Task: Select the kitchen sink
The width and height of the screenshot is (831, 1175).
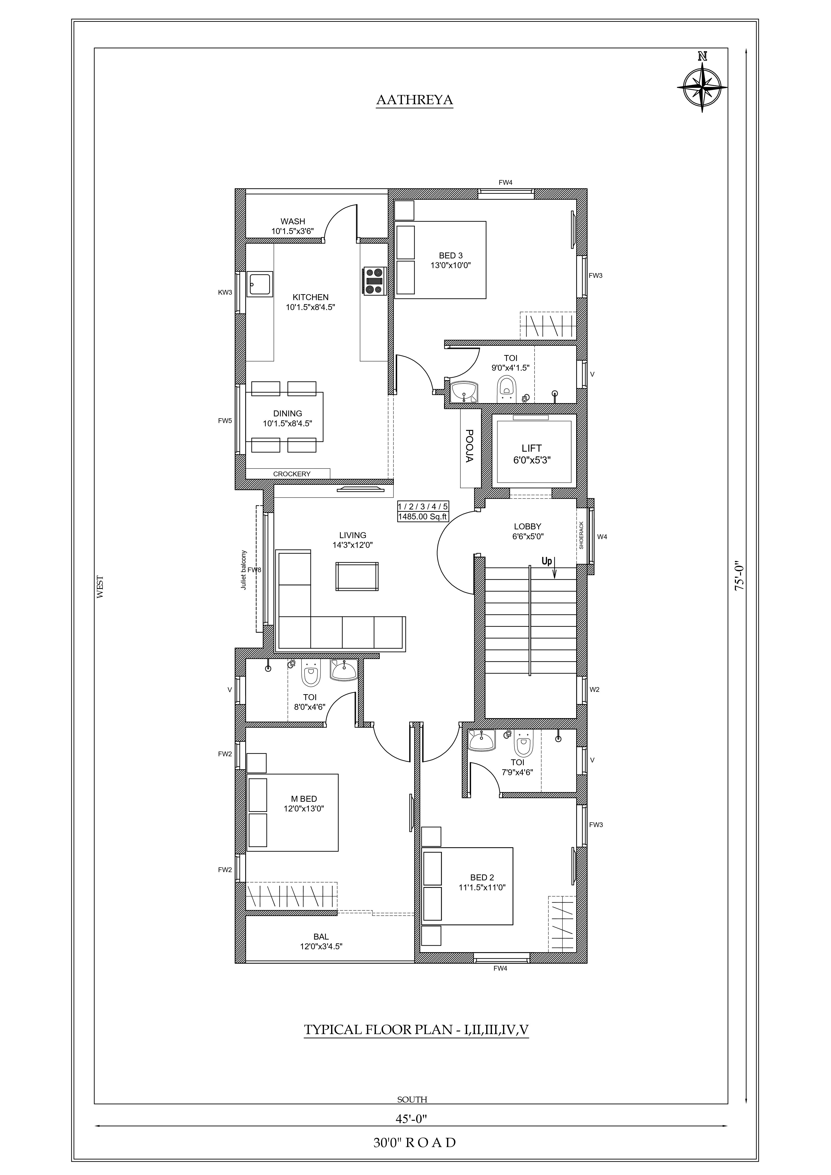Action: pyautogui.click(x=260, y=284)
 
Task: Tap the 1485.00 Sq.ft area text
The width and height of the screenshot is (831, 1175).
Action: pyautogui.click(x=423, y=517)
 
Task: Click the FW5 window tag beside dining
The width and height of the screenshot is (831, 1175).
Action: pyautogui.click(x=225, y=421)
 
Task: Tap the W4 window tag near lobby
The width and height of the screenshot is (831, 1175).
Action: pyautogui.click(x=602, y=537)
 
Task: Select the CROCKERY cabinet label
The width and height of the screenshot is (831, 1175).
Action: pyautogui.click(x=292, y=474)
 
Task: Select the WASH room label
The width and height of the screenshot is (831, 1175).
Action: pyautogui.click(x=293, y=222)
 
